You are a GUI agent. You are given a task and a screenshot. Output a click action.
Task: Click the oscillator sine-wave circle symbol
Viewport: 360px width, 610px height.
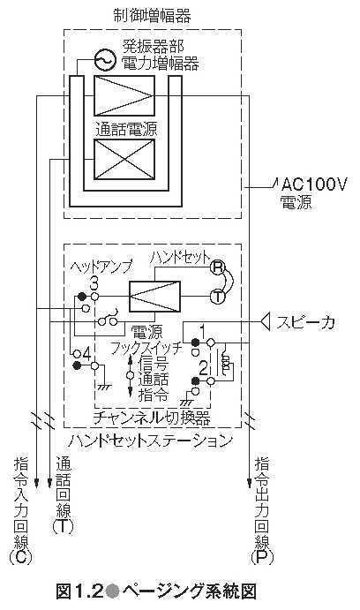105,60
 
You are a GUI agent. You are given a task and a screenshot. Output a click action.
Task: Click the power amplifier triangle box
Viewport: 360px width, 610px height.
124,95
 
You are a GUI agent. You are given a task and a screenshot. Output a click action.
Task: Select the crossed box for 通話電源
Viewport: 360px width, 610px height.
124,159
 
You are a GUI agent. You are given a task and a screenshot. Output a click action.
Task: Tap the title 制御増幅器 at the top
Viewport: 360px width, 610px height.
153,16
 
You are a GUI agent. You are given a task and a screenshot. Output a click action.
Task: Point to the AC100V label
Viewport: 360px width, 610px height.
313,184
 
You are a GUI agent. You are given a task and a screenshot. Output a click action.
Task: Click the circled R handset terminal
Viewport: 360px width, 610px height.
218,267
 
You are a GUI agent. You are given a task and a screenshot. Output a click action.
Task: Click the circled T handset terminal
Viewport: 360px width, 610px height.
218,297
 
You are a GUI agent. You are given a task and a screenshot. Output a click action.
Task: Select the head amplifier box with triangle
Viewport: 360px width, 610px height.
154,297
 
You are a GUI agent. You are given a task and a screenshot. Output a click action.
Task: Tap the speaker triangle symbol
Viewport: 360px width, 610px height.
266,321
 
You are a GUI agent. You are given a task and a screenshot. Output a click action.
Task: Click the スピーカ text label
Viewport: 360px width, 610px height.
305,322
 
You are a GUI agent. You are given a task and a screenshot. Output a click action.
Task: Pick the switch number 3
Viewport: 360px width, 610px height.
94,283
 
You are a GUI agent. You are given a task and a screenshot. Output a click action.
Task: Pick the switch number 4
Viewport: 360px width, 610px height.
86,354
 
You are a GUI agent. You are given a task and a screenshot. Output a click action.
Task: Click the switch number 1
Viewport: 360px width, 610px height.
202,331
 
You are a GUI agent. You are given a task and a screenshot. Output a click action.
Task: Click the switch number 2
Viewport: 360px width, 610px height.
203,368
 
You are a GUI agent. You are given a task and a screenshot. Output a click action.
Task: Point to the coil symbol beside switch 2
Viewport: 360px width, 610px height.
225,363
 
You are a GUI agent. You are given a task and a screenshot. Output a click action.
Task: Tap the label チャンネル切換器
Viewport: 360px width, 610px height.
152,418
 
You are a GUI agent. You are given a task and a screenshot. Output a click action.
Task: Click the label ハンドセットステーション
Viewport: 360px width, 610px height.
151,441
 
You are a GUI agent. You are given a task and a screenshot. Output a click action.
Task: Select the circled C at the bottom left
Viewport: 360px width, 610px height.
20,558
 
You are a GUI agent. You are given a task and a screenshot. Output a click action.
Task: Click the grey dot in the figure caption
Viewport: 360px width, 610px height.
111,591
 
